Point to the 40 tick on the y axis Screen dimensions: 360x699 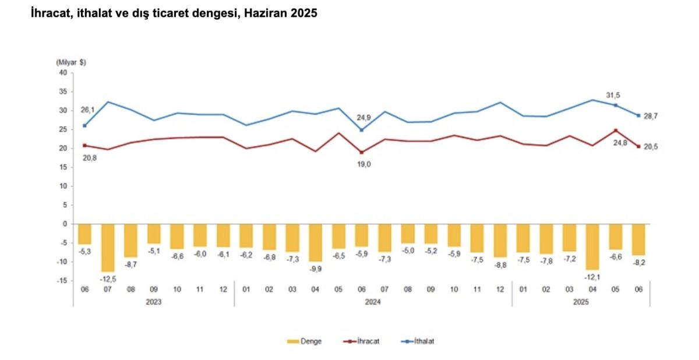point(63,72)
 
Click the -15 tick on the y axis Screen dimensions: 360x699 point(61,281)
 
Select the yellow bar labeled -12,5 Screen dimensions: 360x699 point(108,248)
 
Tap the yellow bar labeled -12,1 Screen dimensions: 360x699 point(592,246)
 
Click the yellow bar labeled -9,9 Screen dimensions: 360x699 point(315,242)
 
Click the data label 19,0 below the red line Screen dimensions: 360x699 point(364,165)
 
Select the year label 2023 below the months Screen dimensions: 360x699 point(154,302)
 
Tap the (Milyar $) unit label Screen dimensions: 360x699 point(70,62)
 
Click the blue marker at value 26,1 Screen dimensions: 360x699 point(85,125)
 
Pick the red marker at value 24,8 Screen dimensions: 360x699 point(615,130)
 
